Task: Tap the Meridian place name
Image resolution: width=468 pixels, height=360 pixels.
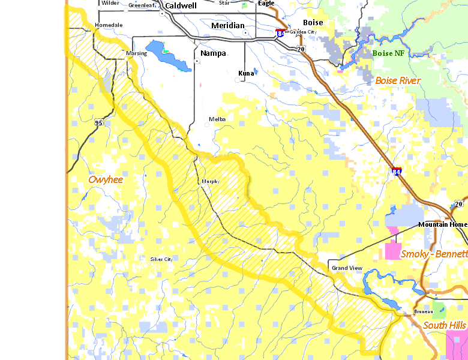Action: [x=228, y=26]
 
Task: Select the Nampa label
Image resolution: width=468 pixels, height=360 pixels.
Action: [x=213, y=53]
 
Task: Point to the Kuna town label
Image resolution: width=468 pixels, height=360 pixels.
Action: [x=246, y=73]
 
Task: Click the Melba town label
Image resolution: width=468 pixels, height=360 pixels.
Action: [x=217, y=119]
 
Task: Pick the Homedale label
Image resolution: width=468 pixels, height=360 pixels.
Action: [x=109, y=25]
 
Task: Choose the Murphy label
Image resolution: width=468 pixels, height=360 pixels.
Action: [x=211, y=181]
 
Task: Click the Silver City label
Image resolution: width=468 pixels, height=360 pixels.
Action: [x=161, y=259]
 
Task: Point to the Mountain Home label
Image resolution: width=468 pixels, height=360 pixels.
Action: [x=442, y=224]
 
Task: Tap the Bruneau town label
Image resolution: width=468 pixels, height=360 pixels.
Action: [x=423, y=312]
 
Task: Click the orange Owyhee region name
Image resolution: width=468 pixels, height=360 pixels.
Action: [x=105, y=179]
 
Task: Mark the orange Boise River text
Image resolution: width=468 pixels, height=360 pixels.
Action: [x=398, y=80]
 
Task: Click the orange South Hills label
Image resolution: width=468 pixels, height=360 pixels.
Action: [x=444, y=325]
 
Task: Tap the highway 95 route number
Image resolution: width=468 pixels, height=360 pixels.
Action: [x=98, y=123]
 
